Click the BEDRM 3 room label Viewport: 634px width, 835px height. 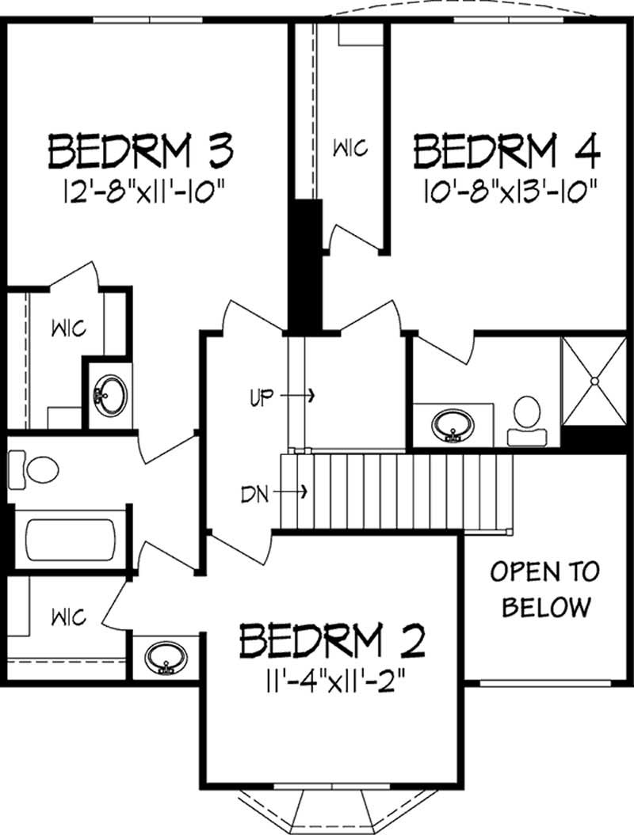(x=143, y=150)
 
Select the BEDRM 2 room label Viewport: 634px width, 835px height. (x=333, y=641)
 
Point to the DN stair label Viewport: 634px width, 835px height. (x=258, y=494)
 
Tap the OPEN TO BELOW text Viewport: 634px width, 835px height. (x=545, y=589)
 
